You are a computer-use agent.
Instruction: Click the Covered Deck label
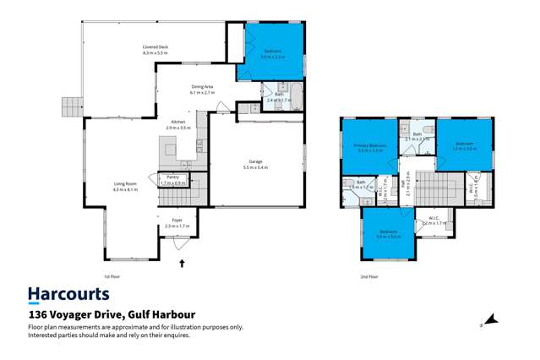[155, 50]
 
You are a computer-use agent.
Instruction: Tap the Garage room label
[255, 163]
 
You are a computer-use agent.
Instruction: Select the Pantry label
[172, 179]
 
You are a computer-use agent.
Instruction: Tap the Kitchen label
[178, 124]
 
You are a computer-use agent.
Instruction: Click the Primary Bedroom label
[370, 149]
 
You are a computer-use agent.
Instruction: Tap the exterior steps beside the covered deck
[70, 106]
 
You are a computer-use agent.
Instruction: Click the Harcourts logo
[68, 294]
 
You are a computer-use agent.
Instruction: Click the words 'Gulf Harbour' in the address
[166, 314]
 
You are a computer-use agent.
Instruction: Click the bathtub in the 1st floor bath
[283, 90]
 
